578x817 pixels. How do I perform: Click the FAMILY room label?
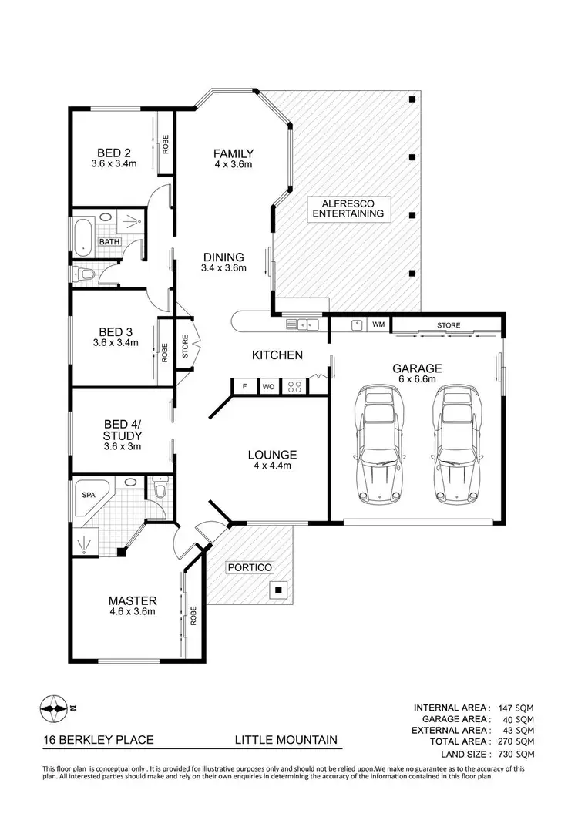click(x=234, y=153)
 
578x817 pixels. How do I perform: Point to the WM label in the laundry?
click(x=378, y=324)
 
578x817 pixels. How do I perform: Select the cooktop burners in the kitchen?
click(x=294, y=385)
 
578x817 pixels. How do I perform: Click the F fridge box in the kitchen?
click(x=244, y=385)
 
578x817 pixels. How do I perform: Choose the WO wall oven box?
click(x=268, y=385)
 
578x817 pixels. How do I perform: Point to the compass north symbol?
click(x=55, y=706)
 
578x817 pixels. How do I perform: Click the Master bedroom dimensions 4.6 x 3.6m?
click(x=133, y=612)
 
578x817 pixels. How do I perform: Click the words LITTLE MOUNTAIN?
click(x=286, y=740)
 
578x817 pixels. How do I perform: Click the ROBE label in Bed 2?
click(x=165, y=144)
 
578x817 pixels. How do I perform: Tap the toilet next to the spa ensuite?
click(x=160, y=489)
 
